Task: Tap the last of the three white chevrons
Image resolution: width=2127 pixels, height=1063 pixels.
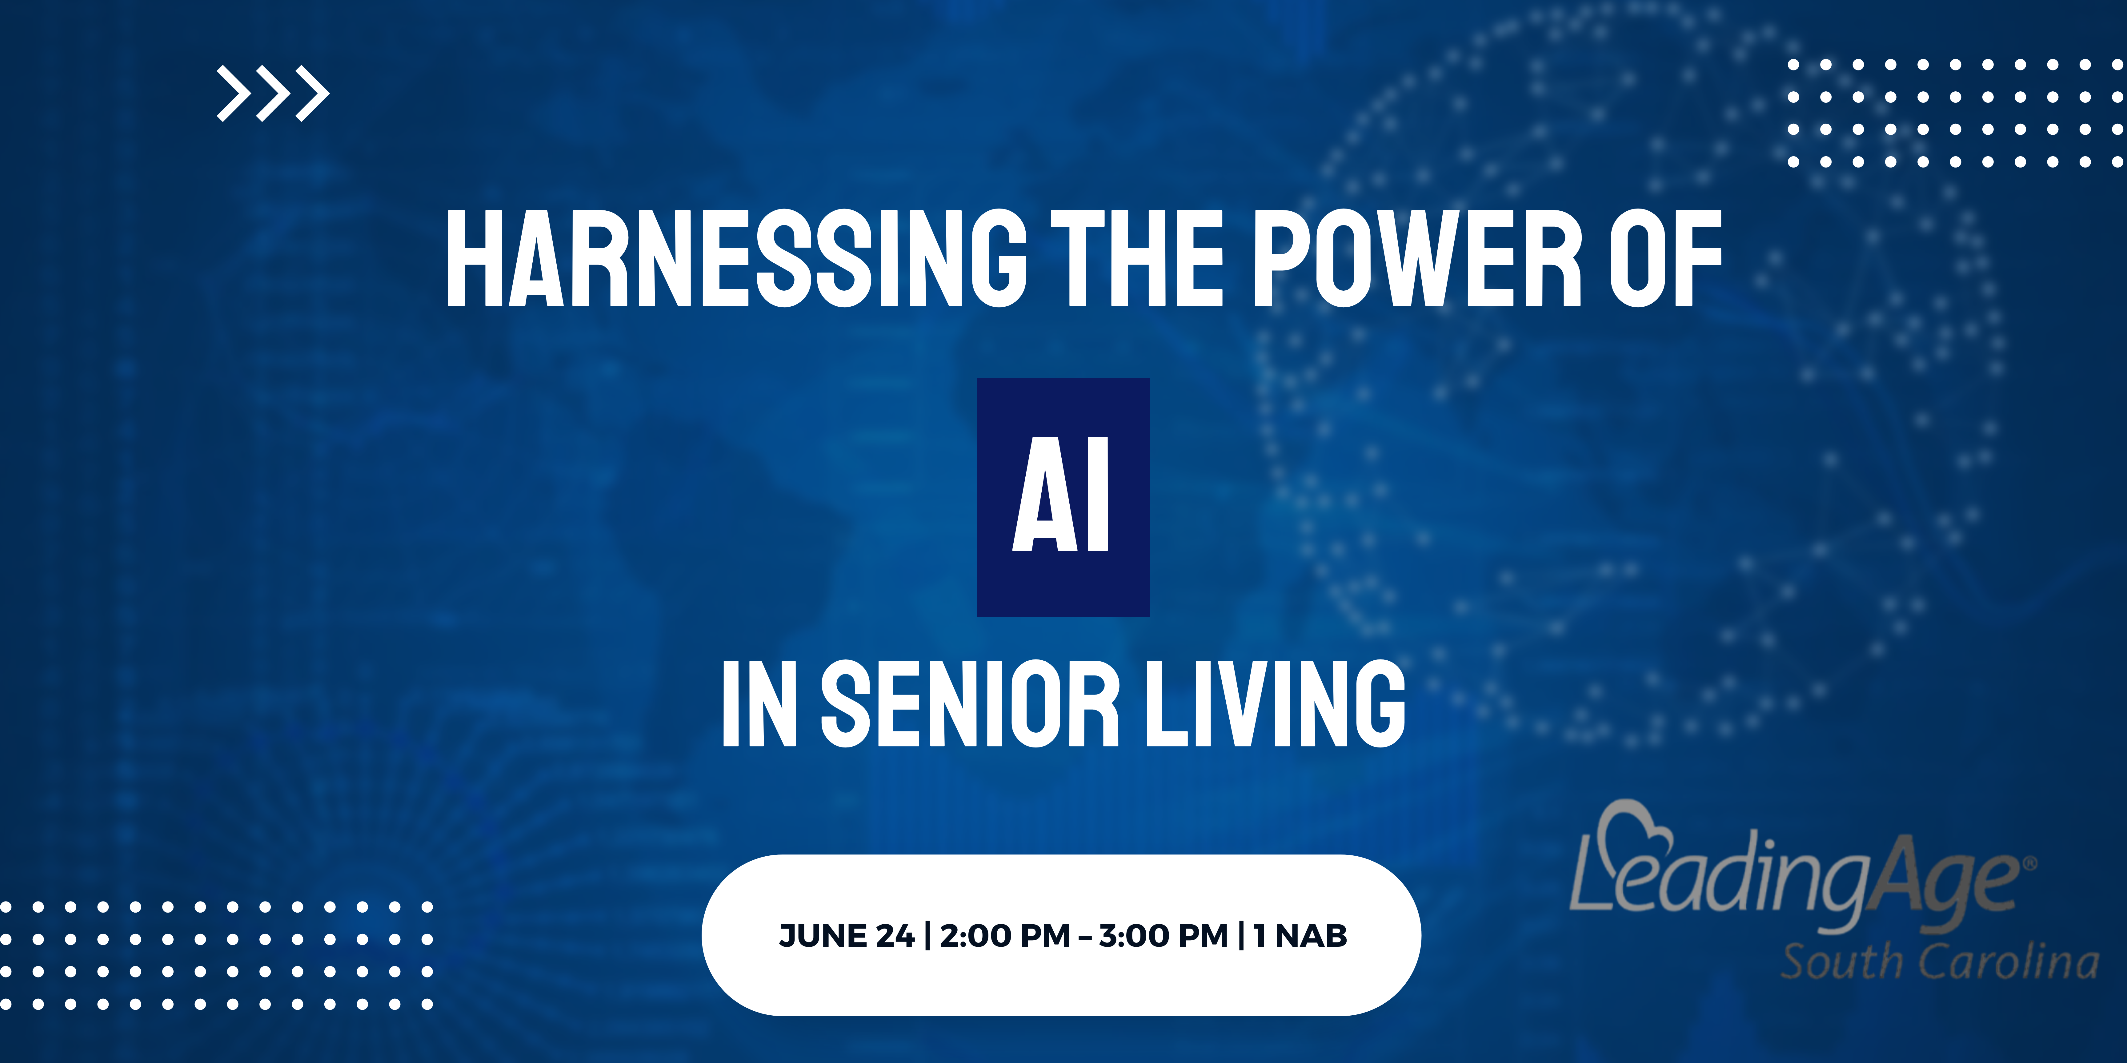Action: pos(312,93)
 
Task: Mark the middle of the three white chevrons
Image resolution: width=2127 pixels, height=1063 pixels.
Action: pos(273,93)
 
